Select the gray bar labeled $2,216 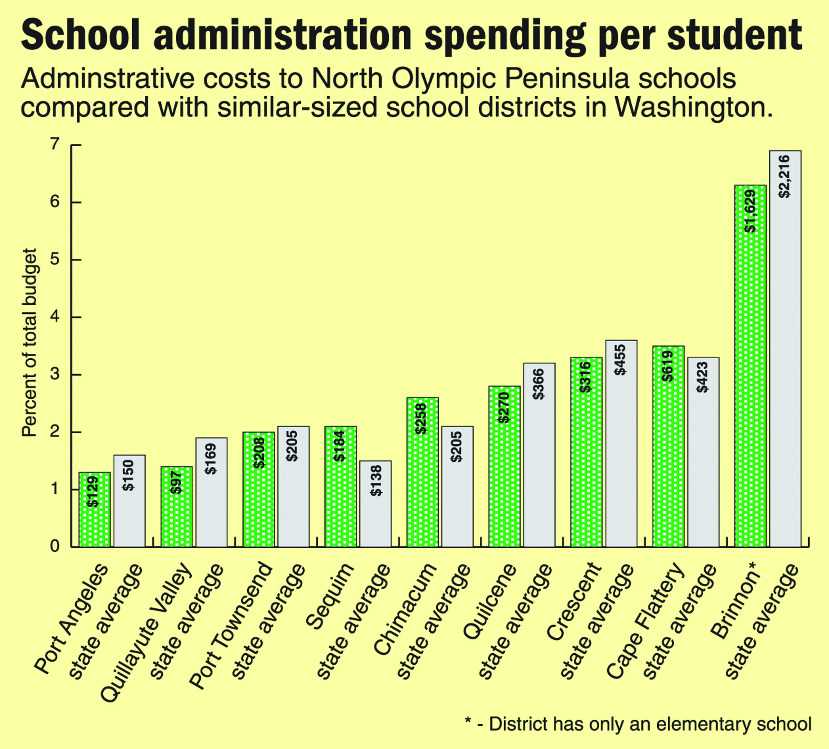(785, 350)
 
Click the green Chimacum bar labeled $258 (422, 473)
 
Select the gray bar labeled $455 (621, 444)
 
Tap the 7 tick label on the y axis (55, 144)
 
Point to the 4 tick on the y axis (55, 317)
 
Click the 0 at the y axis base (55, 546)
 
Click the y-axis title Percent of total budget (29, 343)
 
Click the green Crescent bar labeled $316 (586, 453)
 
